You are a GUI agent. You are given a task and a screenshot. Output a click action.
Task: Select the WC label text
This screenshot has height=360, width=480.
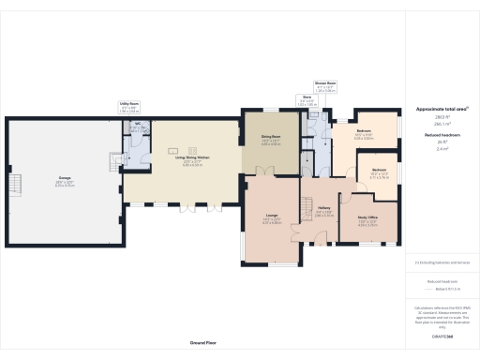[x=138, y=126]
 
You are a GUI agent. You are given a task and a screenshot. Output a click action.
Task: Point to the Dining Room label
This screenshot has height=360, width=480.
[x=271, y=138]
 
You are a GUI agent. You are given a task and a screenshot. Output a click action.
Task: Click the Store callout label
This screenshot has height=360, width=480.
[x=307, y=97]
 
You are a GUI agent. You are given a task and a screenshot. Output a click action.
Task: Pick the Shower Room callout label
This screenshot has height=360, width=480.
[x=324, y=84]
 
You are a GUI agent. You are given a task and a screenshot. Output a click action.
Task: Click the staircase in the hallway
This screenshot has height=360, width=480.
[x=307, y=205]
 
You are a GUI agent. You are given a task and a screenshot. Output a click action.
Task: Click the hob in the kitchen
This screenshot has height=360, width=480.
[x=173, y=150]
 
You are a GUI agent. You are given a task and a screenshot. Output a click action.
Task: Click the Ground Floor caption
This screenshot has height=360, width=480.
[x=203, y=344]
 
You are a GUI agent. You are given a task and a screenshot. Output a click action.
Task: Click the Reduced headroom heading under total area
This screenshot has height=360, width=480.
[x=441, y=135]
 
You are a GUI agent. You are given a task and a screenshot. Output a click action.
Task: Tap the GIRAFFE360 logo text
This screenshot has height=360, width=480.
[x=441, y=335]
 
